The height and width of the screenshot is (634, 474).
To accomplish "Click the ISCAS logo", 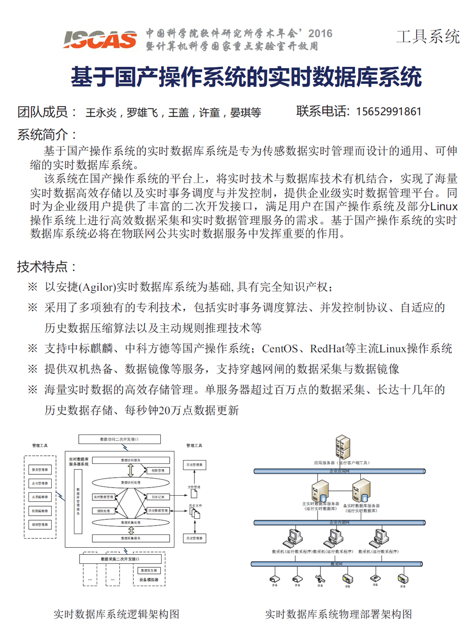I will pos(100,40).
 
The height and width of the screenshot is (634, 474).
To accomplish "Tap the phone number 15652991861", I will pos(388,112).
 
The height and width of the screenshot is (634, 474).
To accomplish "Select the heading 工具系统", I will pos(428,36).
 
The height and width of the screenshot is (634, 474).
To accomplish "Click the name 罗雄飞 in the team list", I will pos(142,113).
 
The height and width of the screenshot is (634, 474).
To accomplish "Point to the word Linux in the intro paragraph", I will pos(444,207).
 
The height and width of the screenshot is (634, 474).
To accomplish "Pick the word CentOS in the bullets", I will pos(280,349).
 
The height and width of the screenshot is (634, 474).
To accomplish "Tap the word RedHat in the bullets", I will pos(327,349).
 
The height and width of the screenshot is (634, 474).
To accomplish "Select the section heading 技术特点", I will pos(46,267).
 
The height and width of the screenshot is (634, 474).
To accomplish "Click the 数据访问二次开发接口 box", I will pos(119,439).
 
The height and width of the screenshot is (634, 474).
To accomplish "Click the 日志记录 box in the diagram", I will pos(158,497).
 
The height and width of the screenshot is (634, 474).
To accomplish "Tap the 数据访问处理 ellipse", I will pos(130,483).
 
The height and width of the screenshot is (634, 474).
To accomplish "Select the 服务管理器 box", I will pos(40,470).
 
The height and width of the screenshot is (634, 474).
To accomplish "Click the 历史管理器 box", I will pos(194,538).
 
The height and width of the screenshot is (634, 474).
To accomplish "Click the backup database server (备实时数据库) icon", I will pos(361,490).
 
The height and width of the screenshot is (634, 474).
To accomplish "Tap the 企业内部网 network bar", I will pos(339,523).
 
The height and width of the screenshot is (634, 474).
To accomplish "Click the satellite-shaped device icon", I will pos(320,579).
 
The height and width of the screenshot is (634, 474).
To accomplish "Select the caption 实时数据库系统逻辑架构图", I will pos(116,615).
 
